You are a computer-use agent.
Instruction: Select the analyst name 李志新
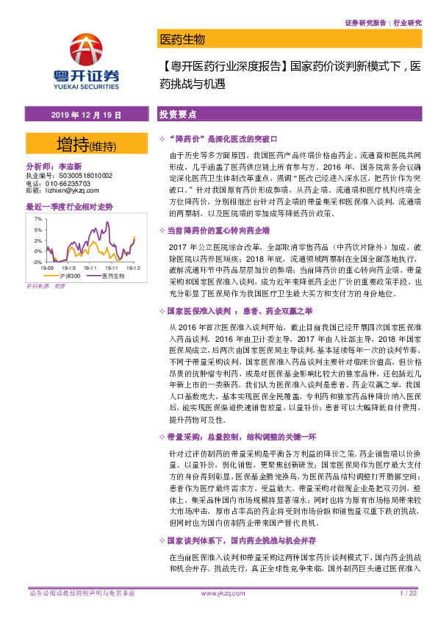click(70, 168)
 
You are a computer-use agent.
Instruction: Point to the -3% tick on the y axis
click(36, 261)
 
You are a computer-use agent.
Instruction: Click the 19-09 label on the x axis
click(47, 268)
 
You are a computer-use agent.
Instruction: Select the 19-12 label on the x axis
click(133, 268)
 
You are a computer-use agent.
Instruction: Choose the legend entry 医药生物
click(112, 276)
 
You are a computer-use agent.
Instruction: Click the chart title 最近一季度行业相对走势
click(69, 207)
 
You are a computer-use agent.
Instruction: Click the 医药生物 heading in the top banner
click(182, 39)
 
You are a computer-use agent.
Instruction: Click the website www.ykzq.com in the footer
click(222, 593)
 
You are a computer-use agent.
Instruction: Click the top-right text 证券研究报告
click(365, 23)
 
